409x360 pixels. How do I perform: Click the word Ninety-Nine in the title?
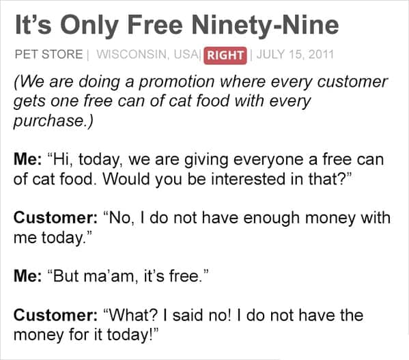265,26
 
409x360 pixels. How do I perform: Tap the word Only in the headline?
89,26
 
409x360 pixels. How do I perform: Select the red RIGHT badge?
225,55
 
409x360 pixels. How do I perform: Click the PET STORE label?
48,54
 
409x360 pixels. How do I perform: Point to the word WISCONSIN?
132,54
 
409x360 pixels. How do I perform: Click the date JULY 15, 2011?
295,54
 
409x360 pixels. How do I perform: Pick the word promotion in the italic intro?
176,82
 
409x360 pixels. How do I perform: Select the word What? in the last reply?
134,315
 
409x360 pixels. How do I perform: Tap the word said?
188,315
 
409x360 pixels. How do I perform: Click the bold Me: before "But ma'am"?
27,276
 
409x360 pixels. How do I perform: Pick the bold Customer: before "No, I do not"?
55,218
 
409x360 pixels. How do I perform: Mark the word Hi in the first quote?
61,160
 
